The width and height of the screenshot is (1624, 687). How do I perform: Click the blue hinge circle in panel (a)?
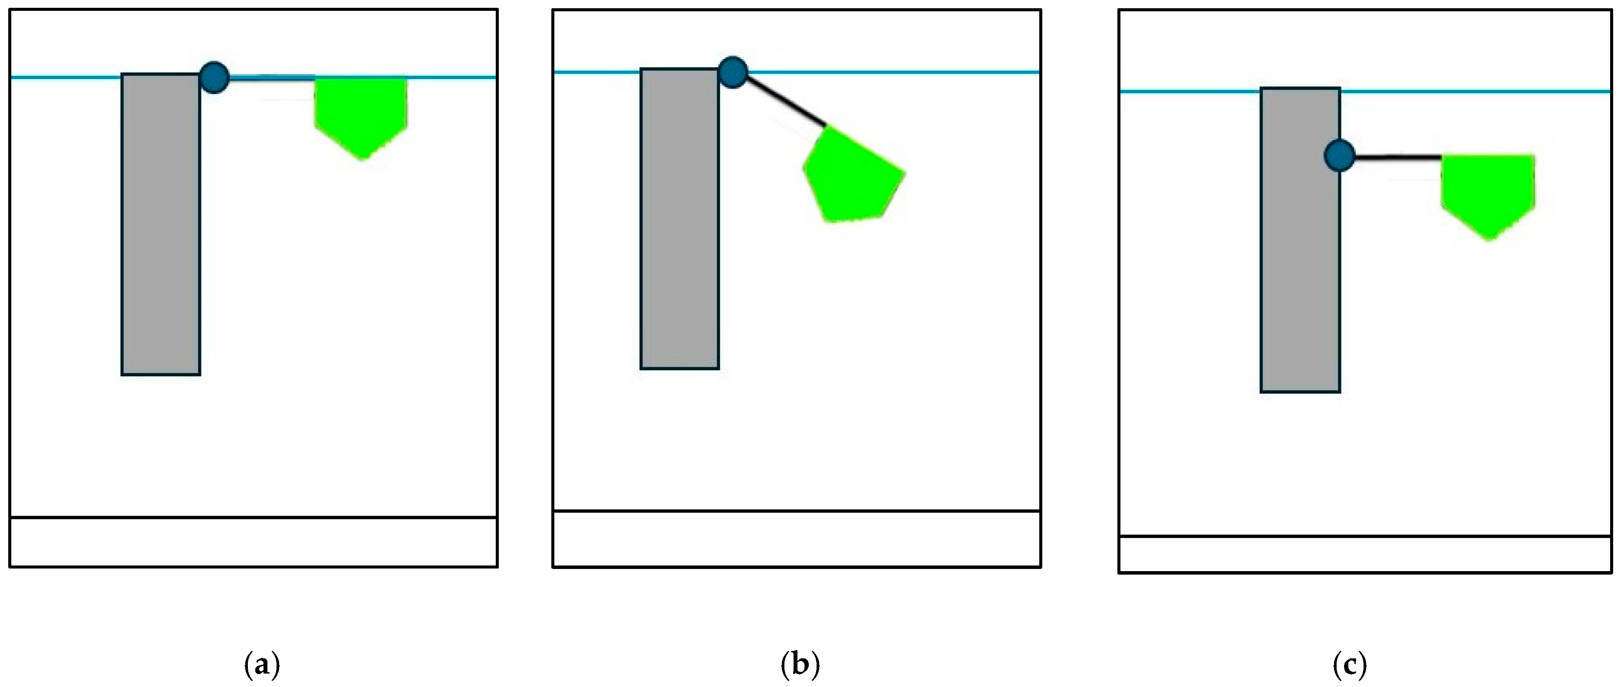pyautogui.click(x=214, y=78)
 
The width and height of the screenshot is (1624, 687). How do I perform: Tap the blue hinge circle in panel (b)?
pyautogui.click(x=733, y=72)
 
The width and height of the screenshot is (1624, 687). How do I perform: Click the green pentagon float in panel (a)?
pyautogui.click(x=361, y=110)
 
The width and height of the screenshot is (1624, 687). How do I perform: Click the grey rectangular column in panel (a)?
pyautogui.click(x=161, y=224)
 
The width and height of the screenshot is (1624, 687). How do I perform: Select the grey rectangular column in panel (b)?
pyautogui.click(x=680, y=218)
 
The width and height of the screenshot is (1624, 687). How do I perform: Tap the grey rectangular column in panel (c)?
pyautogui.click(x=1300, y=240)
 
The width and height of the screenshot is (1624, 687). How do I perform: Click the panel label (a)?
pyautogui.click(x=262, y=664)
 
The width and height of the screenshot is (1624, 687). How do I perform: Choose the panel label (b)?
pyautogui.click(x=800, y=664)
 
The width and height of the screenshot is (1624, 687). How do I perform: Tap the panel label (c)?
pyautogui.click(x=1350, y=664)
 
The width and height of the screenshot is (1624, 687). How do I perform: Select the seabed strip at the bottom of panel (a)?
pyautogui.click(x=254, y=542)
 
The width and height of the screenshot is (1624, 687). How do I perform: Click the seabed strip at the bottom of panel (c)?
pyautogui.click(x=1365, y=554)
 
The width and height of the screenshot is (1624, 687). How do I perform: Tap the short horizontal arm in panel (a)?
pyautogui.click(x=271, y=78)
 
